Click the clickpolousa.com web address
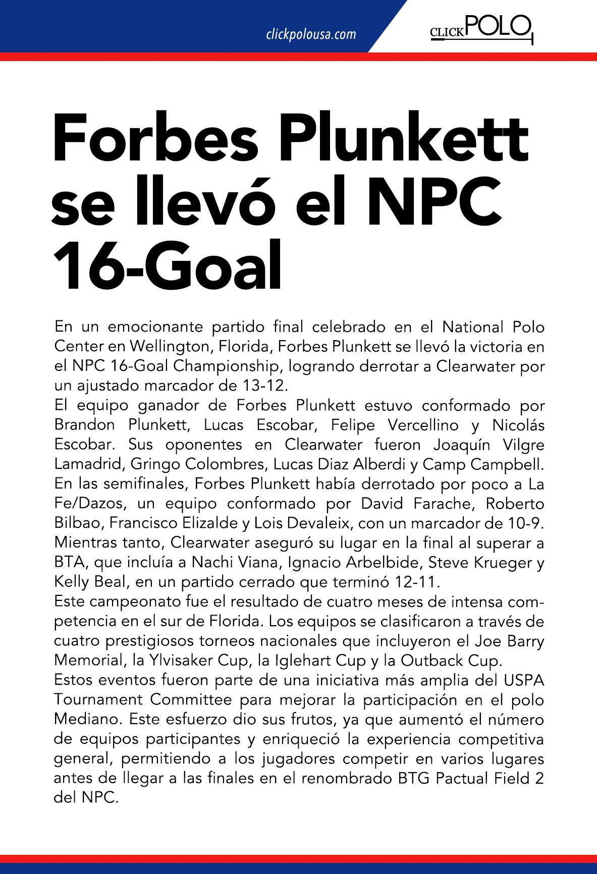(311, 35)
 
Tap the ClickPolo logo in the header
(480, 29)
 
